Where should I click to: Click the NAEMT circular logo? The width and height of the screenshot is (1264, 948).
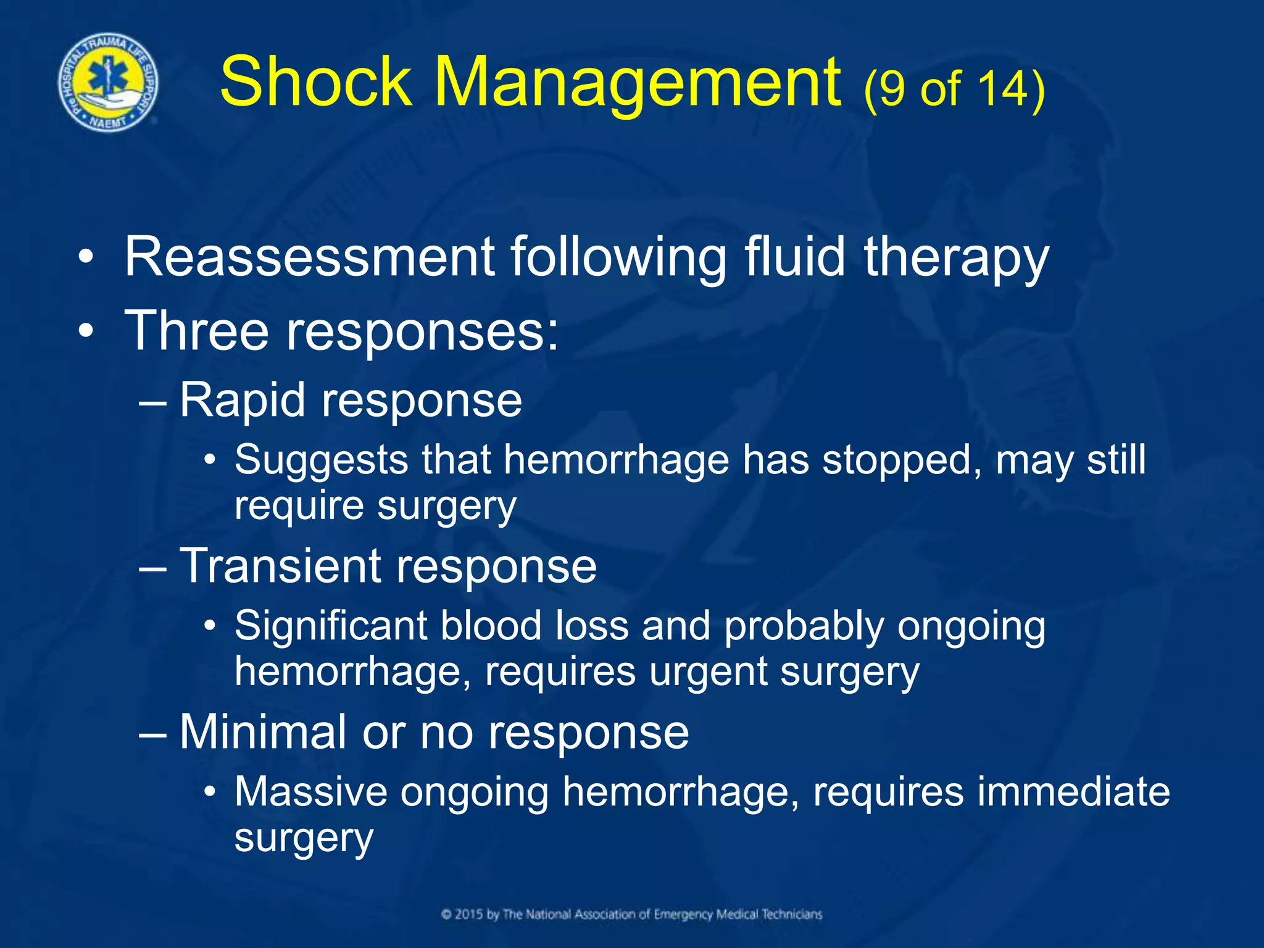pyautogui.click(x=107, y=83)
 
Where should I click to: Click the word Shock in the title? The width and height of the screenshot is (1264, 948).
pyautogui.click(x=315, y=83)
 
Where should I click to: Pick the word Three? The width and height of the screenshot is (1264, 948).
pyautogui.click(x=196, y=331)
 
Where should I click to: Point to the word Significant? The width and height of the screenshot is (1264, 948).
pyautogui.click(x=331, y=626)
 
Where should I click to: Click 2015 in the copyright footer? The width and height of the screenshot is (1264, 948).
pyautogui.click(x=470, y=914)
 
